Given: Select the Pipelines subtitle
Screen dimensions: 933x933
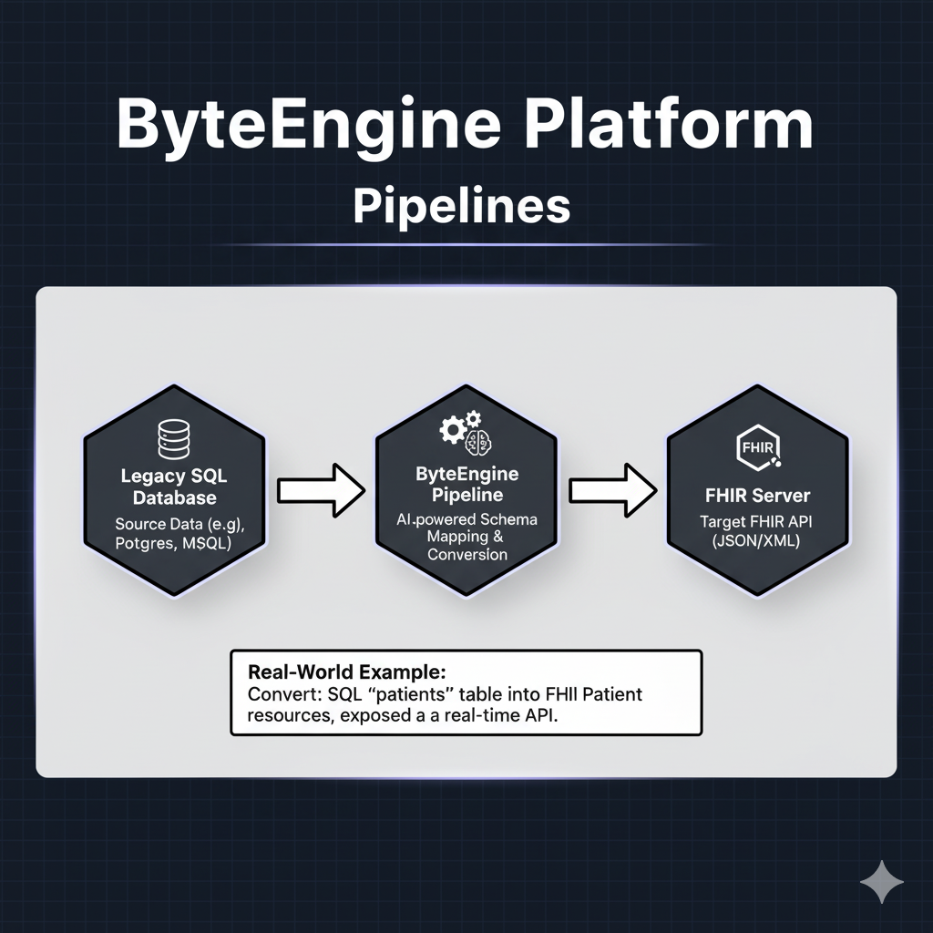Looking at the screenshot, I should (461, 206).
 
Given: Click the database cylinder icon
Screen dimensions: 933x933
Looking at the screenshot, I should (173, 438).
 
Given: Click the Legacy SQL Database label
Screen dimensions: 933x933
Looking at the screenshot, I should (174, 487).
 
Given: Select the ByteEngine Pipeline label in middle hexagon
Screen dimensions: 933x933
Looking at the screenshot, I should (466, 485).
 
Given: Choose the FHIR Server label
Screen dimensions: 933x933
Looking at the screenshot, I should (756, 497).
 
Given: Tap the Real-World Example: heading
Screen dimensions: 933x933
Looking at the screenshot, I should (346, 672).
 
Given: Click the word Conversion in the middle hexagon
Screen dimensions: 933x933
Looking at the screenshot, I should (466, 554).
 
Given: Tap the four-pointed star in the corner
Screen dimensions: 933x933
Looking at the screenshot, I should (881, 882).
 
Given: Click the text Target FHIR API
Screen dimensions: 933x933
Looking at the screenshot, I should (756, 522).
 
